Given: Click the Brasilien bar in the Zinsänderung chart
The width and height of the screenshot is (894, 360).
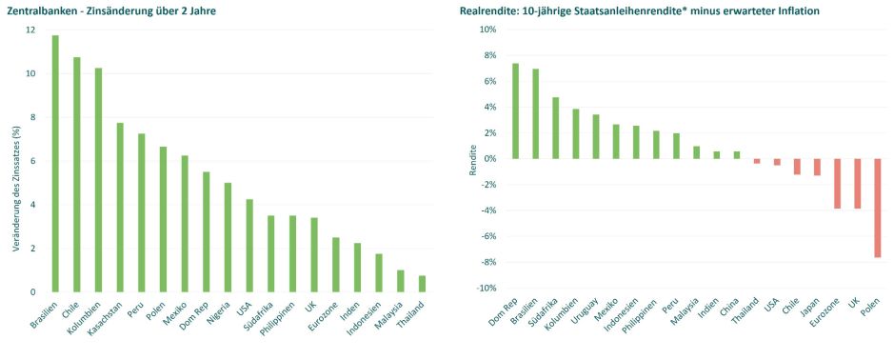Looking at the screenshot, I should [55, 163].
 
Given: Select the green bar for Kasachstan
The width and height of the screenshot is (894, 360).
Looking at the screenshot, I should [120, 207].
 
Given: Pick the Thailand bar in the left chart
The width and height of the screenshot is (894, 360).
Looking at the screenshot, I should [421, 284].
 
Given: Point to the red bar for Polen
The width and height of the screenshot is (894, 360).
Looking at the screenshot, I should [877, 208].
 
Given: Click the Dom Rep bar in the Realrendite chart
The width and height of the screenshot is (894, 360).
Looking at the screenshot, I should [515, 110].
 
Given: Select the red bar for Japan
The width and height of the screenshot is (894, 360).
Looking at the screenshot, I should [817, 167].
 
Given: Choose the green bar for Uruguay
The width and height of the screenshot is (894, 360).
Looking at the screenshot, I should [596, 136].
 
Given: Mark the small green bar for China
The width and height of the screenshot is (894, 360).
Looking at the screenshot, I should [737, 154].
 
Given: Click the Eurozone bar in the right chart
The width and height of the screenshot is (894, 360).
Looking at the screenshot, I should [837, 183].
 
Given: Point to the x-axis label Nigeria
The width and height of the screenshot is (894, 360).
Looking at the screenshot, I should [217, 313].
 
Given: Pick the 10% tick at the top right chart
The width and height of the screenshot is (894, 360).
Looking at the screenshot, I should [484, 30].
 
